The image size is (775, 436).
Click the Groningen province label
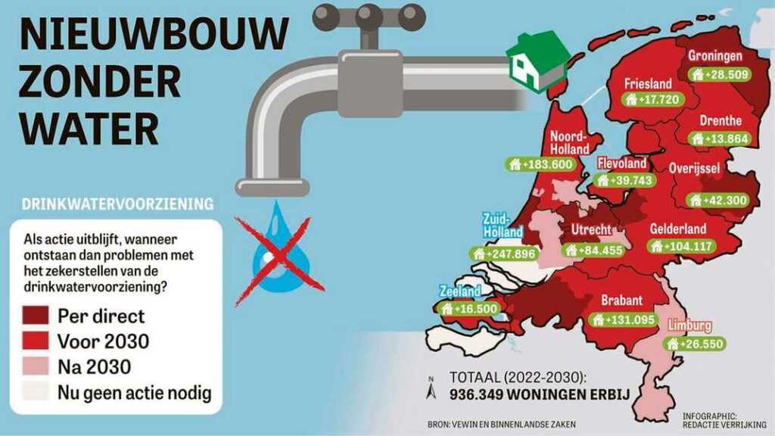pyautogui.click(x=715, y=56)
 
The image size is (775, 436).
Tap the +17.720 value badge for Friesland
pyautogui.click(x=653, y=99)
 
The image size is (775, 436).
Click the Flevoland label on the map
pyautogui.click(x=622, y=163)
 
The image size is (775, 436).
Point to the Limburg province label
pyautogui.click(x=690, y=326)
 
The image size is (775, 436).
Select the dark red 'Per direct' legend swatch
pyautogui.click(x=41, y=314)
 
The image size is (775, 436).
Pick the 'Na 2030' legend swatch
pyautogui.click(x=41, y=367)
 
